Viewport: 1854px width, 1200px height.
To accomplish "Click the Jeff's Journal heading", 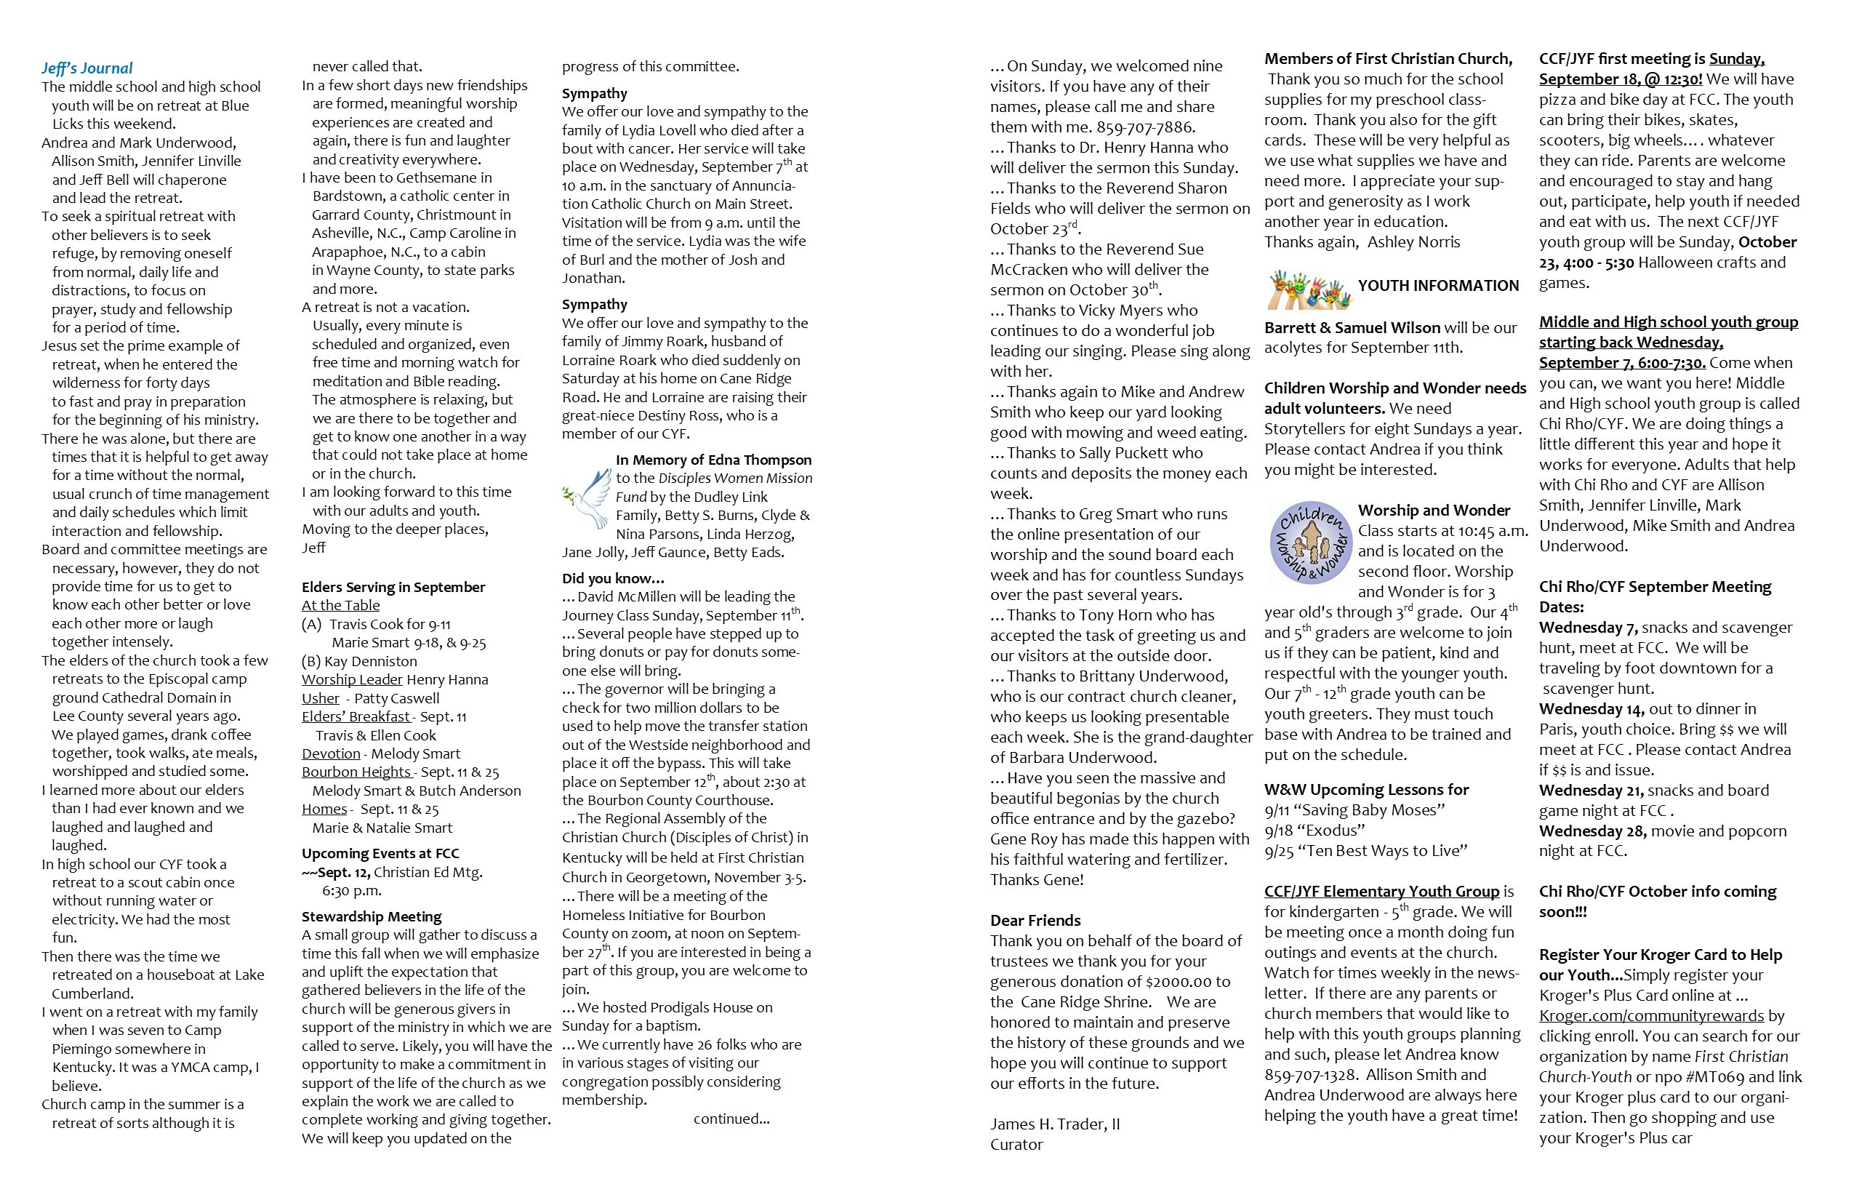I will pyautogui.click(x=87, y=68).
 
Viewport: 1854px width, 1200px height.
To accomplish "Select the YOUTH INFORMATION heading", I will pyautogui.click(x=1438, y=286).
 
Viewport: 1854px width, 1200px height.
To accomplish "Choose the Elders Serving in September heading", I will pyautogui.click(x=393, y=587).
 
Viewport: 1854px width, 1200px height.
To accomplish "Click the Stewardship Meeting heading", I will pyautogui.click(x=372, y=916).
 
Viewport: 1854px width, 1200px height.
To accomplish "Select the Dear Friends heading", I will pyautogui.click(x=1035, y=920).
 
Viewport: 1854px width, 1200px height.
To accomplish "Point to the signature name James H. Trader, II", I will pyautogui.click(x=1055, y=1124).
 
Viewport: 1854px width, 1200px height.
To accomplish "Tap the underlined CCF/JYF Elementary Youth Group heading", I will pyautogui.click(x=1381, y=892).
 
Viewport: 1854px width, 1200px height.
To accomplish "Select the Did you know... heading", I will pyautogui.click(x=613, y=578).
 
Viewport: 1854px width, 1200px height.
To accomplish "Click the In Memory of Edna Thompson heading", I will pyautogui.click(x=713, y=460).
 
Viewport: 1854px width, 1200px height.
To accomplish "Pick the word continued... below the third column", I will pyautogui.click(x=731, y=1119).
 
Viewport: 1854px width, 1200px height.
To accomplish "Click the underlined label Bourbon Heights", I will pyautogui.click(x=357, y=772).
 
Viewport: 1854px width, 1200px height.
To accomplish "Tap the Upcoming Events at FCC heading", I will pyautogui.click(x=380, y=853).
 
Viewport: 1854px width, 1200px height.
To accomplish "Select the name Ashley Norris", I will pyautogui.click(x=1413, y=242).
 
